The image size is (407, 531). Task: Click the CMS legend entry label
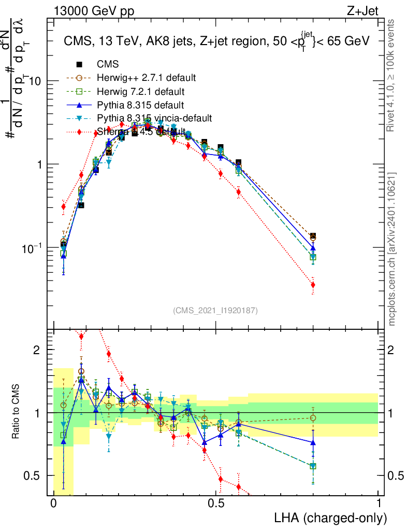(108, 64)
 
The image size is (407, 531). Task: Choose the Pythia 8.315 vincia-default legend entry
(154, 118)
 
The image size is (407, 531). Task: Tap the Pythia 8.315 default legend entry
(140, 105)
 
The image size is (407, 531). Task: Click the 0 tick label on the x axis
(53, 504)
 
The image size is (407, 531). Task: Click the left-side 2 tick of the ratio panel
(36, 350)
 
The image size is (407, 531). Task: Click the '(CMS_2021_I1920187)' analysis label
(215, 310)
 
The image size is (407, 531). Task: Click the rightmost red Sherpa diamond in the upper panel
(313, 285)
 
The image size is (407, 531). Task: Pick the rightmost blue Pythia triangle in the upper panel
(313, 248)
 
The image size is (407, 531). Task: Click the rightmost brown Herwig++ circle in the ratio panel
(313, 418)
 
